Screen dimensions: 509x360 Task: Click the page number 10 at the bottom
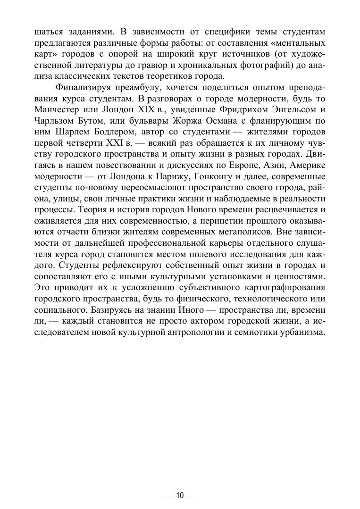click(x=180, y=495)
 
